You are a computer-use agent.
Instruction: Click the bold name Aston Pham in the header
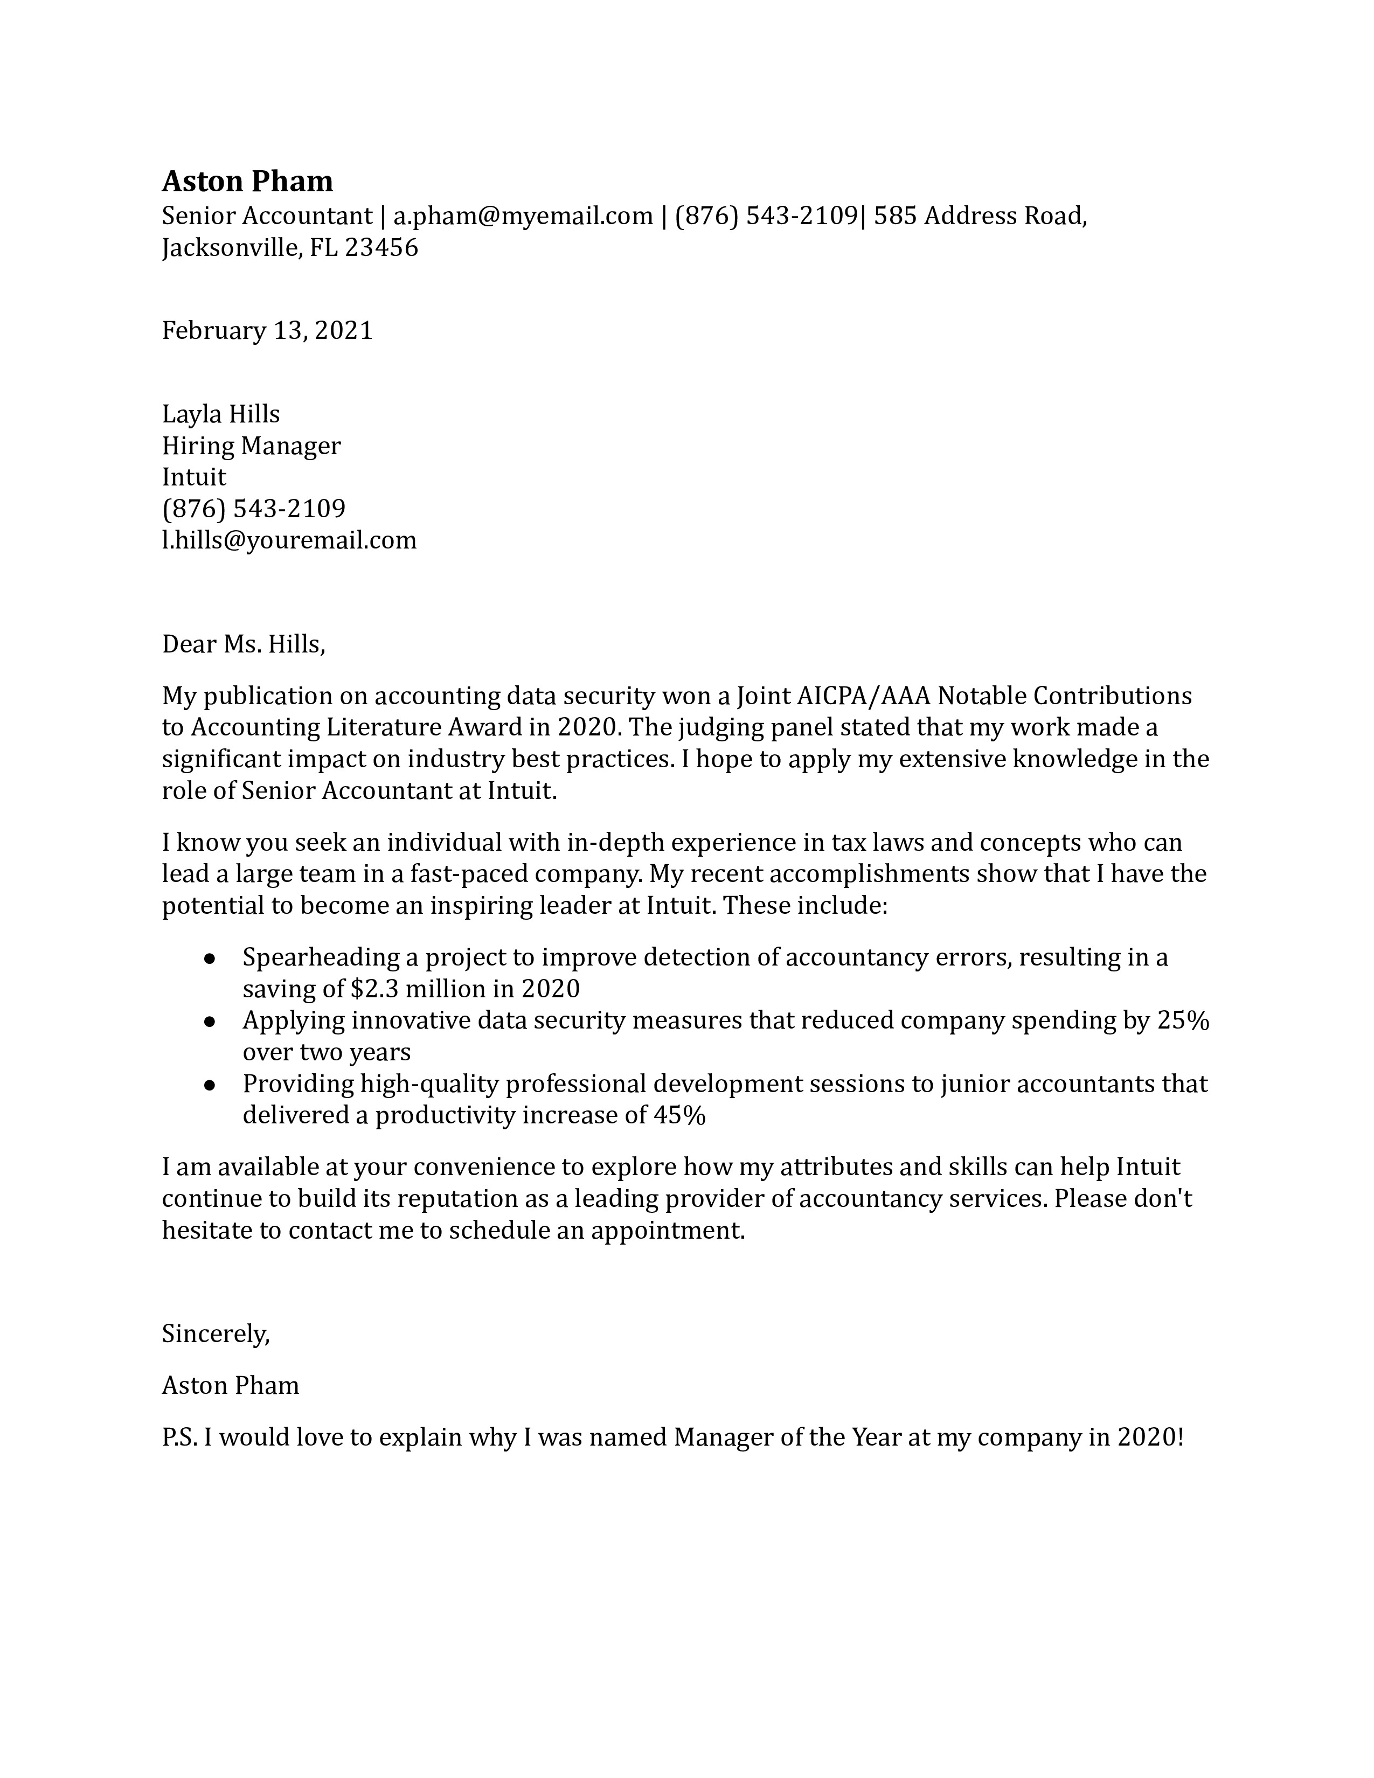247,180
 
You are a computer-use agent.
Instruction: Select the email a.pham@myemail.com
523,216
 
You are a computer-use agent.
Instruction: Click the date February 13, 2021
267,330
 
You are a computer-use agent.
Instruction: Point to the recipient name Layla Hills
220,414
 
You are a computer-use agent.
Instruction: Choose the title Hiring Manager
251,446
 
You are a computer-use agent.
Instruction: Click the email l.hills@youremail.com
289,540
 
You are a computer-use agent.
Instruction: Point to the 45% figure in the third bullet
679,1115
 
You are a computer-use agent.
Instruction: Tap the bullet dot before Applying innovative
209,1022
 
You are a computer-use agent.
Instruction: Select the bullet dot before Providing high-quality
209,1085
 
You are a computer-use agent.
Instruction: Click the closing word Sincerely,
216,1333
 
